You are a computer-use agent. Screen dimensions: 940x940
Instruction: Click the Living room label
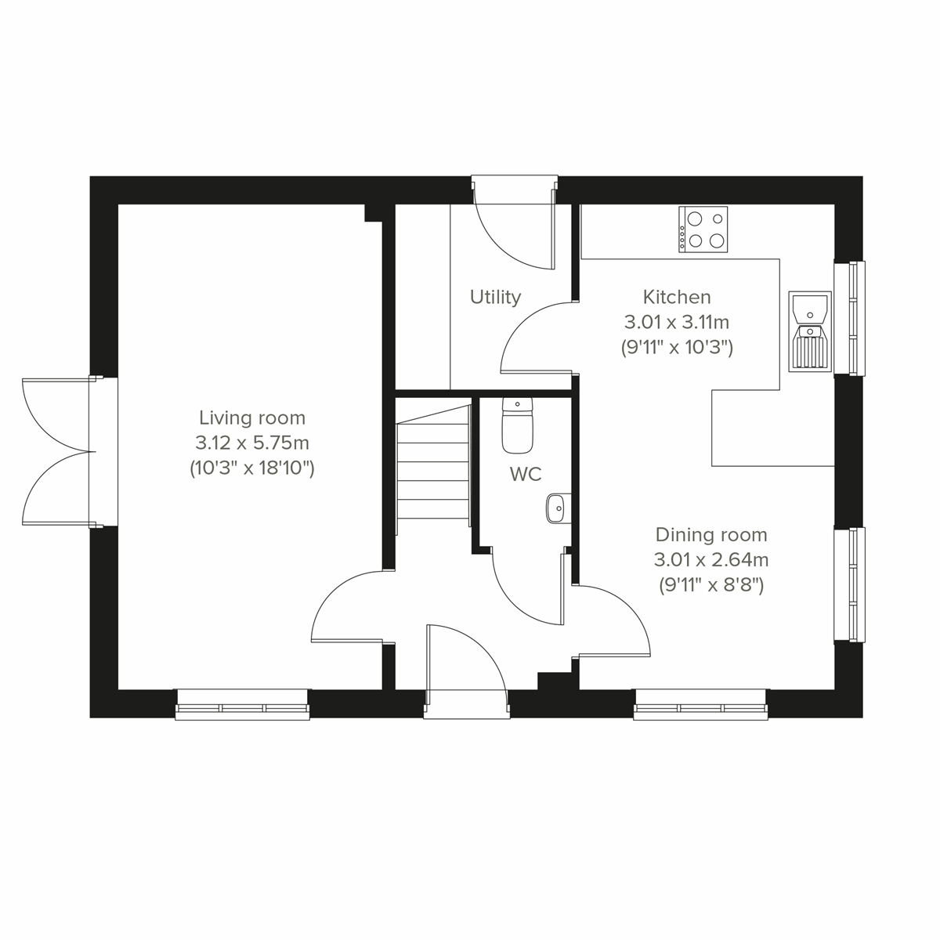coord(251,418)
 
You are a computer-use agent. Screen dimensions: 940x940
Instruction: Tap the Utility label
coord(495,297)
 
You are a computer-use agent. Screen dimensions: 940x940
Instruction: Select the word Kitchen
coord(677,297)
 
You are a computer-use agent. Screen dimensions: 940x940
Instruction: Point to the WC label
coord(525,474)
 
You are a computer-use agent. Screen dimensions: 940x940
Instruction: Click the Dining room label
coord(710,535)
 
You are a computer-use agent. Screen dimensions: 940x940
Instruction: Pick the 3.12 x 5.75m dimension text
coord(251,443)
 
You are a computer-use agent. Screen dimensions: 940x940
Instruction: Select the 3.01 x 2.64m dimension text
coord(710,560)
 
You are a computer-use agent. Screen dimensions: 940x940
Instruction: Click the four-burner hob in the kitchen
coord(703,229)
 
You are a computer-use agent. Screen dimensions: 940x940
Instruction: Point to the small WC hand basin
coord(556,508)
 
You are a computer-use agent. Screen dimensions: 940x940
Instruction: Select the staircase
coord(433,470)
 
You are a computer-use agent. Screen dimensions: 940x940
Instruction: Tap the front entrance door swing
coord(466,658)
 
